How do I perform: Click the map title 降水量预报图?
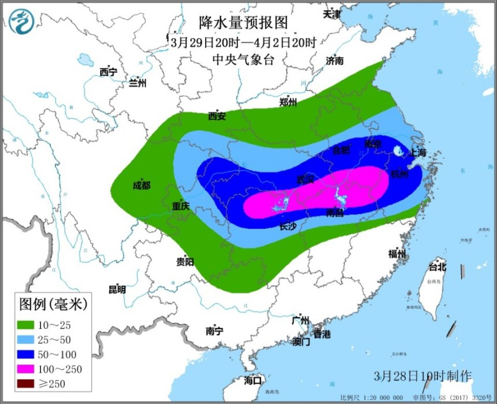(243, 23)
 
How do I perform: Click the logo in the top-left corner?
(21, 21)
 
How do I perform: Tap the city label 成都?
(141, 186)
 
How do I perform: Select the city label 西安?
(217, 116)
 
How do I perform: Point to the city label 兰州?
(138, 83)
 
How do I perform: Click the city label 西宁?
(108, 72)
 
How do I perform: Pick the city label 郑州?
(288, 103)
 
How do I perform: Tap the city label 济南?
(335, 60)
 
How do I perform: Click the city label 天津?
(332, 14)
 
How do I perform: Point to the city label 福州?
(397, 254)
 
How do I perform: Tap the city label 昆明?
(117, 290)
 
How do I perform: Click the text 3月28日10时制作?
(422, 376)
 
